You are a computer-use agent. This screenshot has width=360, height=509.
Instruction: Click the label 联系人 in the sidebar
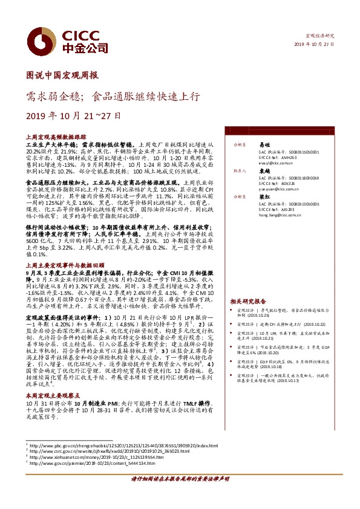click(240, 171)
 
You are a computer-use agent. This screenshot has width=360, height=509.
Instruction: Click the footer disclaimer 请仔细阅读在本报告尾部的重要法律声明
click(180, 495)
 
